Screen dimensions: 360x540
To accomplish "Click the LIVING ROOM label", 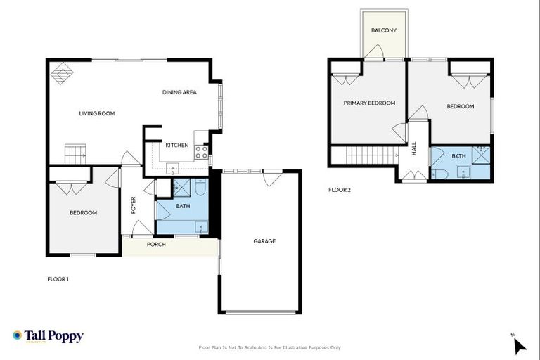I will (96, 113).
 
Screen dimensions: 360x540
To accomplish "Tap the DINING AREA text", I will (179, 92).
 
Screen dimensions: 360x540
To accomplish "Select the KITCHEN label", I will (176, 145).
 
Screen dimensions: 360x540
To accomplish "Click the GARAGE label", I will (264, 241).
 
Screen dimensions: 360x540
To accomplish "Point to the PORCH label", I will (156, 245).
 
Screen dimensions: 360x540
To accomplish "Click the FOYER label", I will (133, 205).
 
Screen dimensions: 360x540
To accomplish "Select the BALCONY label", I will (384, 30).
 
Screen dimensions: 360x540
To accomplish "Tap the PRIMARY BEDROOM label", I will (369, 103).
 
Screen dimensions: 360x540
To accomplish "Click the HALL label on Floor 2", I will (414, 148).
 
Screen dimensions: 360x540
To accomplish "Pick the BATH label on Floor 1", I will (183, 206).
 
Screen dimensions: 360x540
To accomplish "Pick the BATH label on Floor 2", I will (458, 156).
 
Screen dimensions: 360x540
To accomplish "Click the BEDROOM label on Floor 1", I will (83, 212).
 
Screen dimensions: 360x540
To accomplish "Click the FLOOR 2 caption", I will (340, 190).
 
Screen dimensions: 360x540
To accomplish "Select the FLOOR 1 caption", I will (58, 279).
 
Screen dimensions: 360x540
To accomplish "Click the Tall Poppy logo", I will (48, 336).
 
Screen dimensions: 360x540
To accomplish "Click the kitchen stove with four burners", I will (201, 151).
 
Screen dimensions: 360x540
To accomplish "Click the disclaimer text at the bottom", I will (270, 347).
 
